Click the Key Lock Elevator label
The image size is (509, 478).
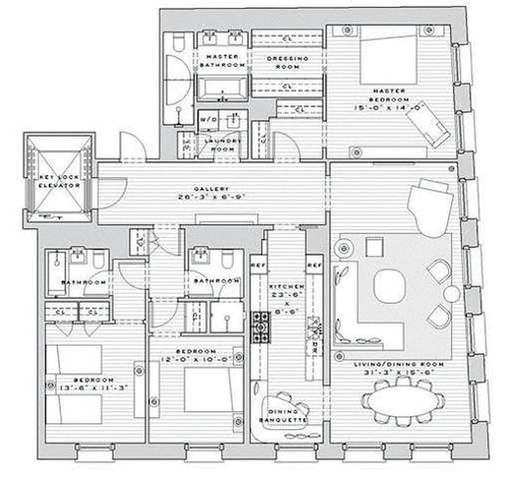click(59, 182)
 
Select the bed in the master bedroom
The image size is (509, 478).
click(388, 59)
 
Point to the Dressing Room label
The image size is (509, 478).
click(287, 63)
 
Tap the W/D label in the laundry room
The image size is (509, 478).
click(208, 119)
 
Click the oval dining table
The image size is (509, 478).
click(402, 403)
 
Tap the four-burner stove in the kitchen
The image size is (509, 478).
click(261, 326)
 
